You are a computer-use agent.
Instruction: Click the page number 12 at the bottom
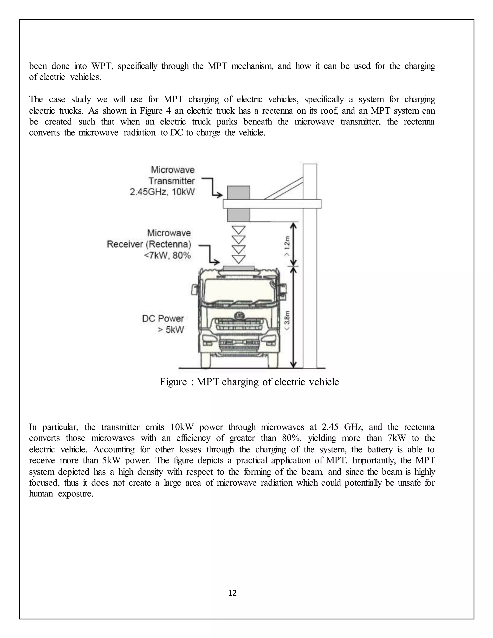[233, 593]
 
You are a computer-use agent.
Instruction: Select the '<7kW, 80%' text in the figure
[167, 256]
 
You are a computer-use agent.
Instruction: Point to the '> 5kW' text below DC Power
[171, 330]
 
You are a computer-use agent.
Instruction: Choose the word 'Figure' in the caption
[173, 382]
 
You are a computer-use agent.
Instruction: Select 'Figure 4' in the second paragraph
[154, 111]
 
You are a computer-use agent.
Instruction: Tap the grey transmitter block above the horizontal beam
[239, 193]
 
